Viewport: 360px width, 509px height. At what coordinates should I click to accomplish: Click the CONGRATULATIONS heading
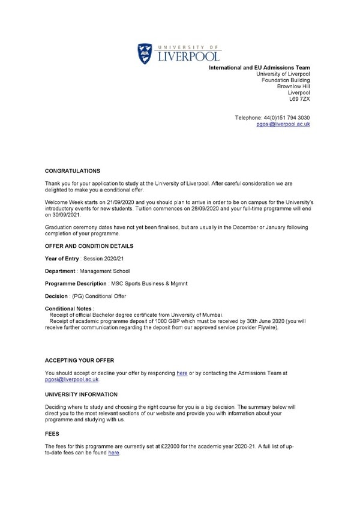(73, 171)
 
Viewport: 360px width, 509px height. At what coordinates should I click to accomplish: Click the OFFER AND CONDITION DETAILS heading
(89, 247)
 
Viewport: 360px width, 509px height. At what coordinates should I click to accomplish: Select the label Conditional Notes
(68, 309)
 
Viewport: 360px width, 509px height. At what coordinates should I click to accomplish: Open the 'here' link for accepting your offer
(182, 373)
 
